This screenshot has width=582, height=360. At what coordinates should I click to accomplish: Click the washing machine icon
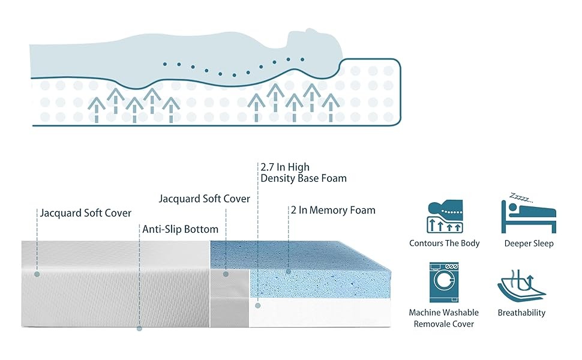(x=444, y=282)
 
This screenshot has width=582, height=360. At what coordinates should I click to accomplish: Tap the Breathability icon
(x=521, y=286)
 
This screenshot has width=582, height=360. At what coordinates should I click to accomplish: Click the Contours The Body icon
(x=445, y=217)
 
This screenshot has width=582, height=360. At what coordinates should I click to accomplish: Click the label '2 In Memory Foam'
(x=333, y=210)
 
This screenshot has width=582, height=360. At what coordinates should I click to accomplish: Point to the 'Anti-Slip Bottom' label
(x=181, y=229)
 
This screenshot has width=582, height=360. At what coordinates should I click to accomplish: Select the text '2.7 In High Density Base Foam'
(x=304, y=173)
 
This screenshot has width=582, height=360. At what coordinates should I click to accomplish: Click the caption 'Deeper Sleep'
(x=529, y=244)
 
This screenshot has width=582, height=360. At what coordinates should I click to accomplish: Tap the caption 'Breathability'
(x=521, y=313)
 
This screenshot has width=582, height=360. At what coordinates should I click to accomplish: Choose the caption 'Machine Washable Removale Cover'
(x=444, y=318)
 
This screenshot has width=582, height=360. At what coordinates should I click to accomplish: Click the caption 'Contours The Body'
(x=444, y=244)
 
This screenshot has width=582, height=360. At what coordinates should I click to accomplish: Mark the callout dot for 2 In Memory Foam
(x=289, y=272)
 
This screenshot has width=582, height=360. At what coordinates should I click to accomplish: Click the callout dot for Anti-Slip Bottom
(x=140, y=328)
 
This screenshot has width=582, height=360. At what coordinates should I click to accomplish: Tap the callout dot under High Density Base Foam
(x=258, y=305)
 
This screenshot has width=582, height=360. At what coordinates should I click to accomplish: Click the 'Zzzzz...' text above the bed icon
(x=521, y=197)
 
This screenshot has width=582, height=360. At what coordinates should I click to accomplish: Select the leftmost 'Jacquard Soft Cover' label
(x=86, y=213)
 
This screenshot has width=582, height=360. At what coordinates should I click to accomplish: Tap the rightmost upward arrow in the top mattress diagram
(x=331, y=107)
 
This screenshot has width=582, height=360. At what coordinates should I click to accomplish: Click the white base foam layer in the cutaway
(x=319, y=313)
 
